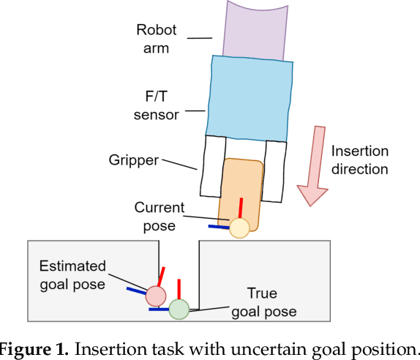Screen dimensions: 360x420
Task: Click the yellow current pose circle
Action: pos(239,228)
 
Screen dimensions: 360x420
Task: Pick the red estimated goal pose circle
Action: pos(155,296)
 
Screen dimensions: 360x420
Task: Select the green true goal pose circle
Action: pos(179,310)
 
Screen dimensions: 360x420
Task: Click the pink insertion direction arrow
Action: pos(314,165)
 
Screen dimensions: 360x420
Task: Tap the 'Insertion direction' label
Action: pos(359,160)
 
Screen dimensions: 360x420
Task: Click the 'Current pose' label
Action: pos(160,217)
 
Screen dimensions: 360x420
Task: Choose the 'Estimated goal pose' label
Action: pos(72,274)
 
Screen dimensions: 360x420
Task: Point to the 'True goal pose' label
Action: pos(264,302)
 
